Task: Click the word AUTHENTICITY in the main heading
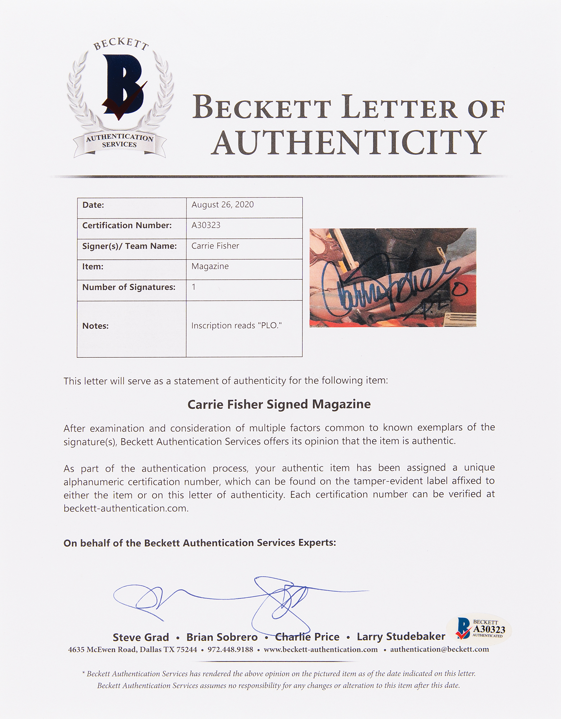348,143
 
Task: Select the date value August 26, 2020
222,205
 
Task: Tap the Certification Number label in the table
127,225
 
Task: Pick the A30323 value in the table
206,225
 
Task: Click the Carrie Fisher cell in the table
215,246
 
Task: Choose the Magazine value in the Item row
210,266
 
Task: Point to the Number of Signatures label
129,287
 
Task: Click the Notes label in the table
95,326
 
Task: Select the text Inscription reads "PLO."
236,326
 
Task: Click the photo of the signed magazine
393,277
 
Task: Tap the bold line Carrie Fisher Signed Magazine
279,404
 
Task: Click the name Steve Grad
141,637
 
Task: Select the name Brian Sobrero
222,637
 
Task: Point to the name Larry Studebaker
401,637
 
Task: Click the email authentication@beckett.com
439,649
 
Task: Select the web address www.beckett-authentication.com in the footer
321,650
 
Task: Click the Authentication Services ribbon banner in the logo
119,141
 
